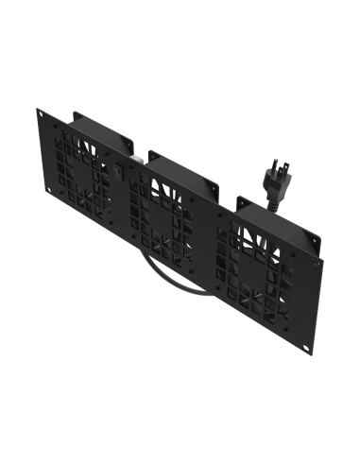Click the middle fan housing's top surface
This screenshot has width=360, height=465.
[184, 164]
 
